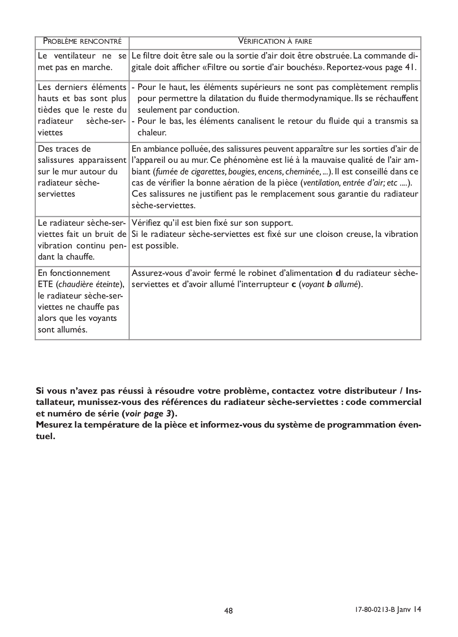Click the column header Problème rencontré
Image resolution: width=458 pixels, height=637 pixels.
coord(82,41)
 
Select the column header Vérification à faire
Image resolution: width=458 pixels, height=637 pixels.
coord(275,41)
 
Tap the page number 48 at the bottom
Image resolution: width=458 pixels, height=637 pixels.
coord(229,610)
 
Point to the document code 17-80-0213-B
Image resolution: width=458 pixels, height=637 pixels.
coord(372,610)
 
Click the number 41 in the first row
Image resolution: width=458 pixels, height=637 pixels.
coord(409,67)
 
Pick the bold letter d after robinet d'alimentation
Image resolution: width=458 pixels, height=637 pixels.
coord(338,274)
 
